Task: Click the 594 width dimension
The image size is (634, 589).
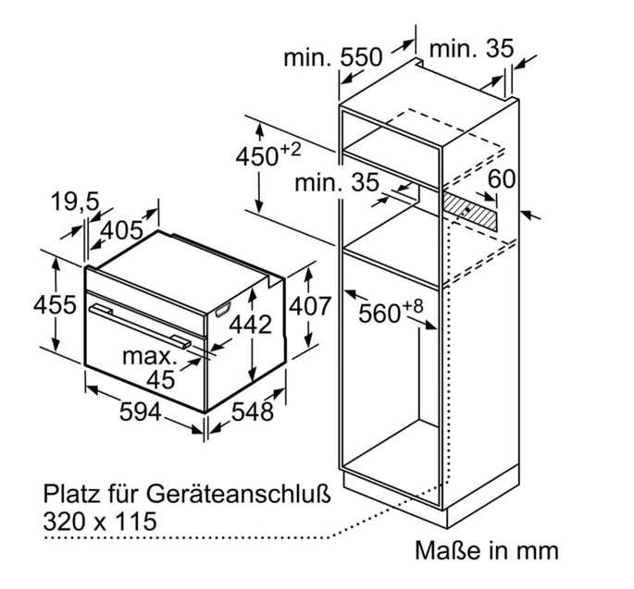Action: click(141, 412)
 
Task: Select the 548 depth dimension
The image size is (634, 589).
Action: click(253, 412)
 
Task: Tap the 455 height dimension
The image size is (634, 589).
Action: click(55, 304)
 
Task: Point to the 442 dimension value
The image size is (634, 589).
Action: click(251, 324)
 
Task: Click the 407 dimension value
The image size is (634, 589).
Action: click(310, 306)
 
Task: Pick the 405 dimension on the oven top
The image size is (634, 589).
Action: click(121, 230)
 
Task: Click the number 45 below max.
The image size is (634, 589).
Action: click(160, 380)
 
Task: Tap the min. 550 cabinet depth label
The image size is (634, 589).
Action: click(333, 57)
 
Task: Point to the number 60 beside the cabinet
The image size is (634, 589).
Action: click(502, 178)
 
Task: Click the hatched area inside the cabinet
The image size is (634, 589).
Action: click(470, 211)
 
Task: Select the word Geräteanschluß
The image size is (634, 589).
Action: click(238, 494)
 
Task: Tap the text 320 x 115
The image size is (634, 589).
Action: click(100, 521)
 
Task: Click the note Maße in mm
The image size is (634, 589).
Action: click(487, 550)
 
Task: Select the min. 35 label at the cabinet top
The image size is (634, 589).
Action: click(471, 48)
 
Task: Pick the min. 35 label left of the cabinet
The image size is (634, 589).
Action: click(337, 182)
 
